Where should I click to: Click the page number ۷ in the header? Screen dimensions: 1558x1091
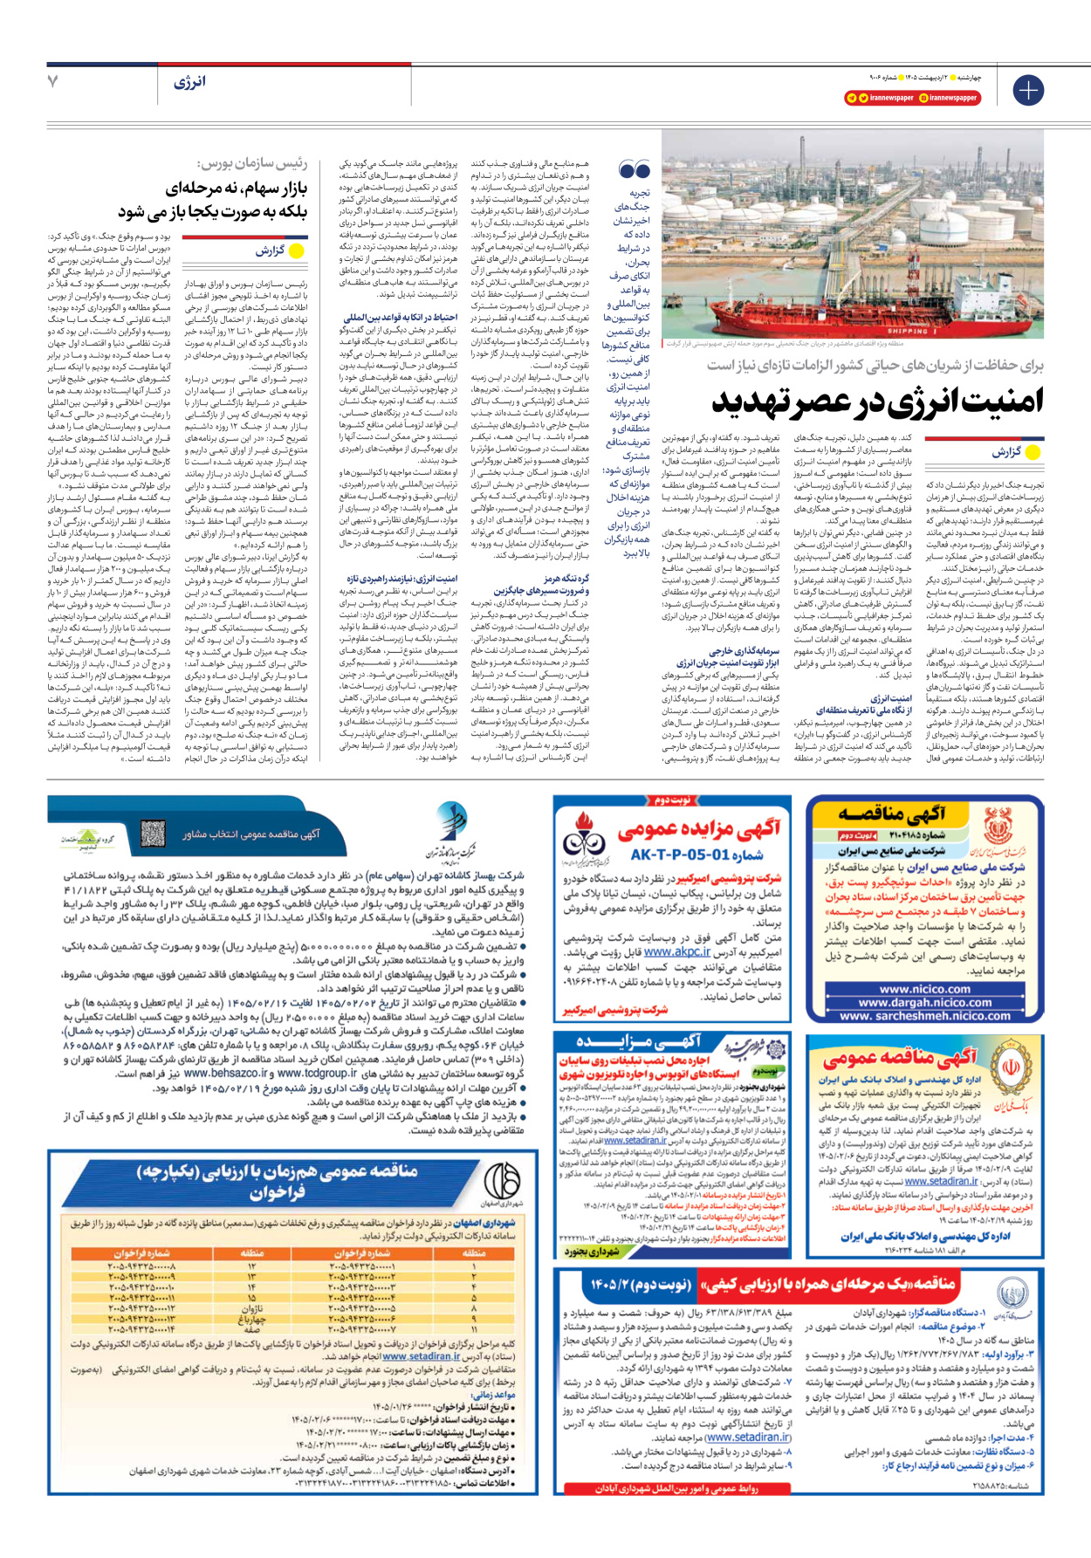53,81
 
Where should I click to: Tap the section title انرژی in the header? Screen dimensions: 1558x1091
189,82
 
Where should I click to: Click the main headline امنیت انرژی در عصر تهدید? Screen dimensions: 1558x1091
877,401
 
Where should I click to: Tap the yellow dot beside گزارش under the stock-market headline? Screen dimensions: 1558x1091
296,251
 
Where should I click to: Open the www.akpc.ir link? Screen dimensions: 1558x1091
676,952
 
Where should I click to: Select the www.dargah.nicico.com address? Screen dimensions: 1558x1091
924,1002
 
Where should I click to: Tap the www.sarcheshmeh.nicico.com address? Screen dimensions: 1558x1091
924,1015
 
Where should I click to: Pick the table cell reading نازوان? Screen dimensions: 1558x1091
251,1308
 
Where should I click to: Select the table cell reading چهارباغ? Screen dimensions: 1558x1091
251,1319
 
